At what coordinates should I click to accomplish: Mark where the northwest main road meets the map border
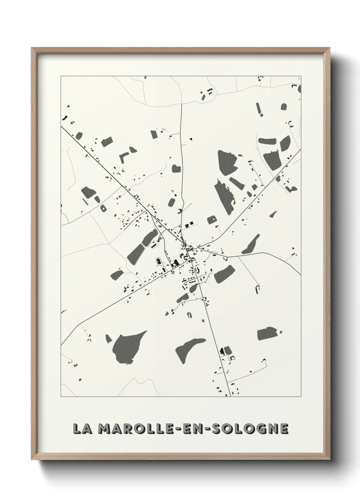[61, 127]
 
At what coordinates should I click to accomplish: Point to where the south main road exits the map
[231, 396]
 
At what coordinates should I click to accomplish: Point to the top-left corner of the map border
[61, 76]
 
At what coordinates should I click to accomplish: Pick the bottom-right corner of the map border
[301, 396]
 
